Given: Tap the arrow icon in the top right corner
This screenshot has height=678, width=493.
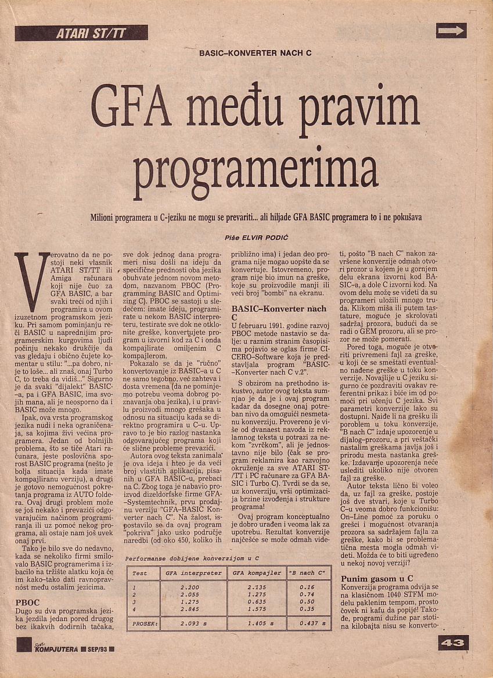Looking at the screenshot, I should [451, 31].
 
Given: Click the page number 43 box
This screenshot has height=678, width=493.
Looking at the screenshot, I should [452, 643].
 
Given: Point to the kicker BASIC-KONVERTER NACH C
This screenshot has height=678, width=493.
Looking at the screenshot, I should [256, 53].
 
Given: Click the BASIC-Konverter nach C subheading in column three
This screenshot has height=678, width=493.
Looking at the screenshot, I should [279, 313].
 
